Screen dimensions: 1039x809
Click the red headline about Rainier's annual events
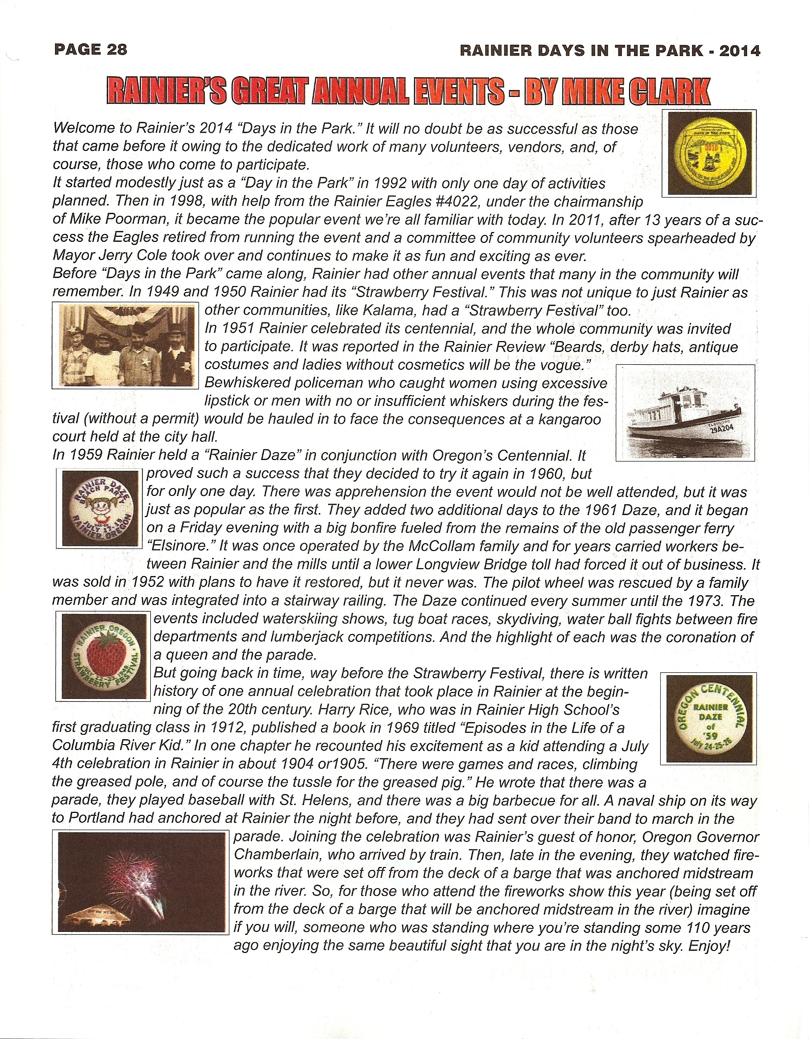pos(408,91)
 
